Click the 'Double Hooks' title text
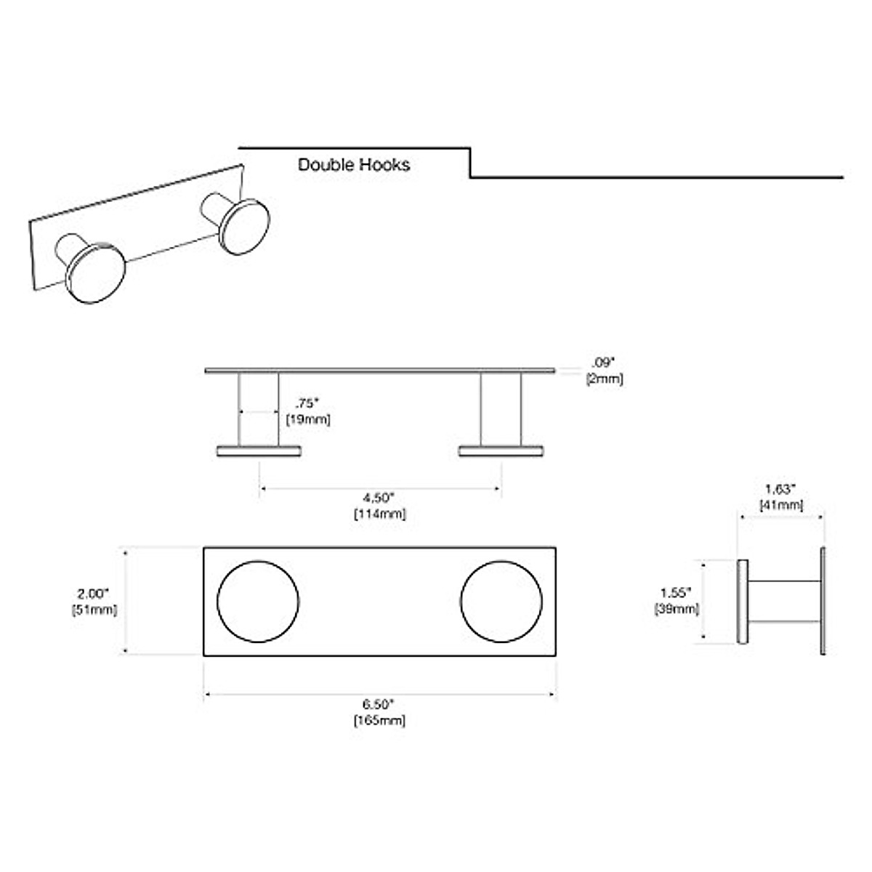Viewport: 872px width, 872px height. (354, 164)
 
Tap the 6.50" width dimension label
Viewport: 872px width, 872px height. (379, 703)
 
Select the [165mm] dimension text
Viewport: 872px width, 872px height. (379, 720)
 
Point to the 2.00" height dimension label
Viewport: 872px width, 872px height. (94, 593)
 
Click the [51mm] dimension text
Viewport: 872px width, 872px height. (94, 610)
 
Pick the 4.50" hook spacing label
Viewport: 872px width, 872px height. (379, 498)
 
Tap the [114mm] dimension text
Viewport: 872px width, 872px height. (379, 514)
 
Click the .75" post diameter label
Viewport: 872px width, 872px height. (307, 403)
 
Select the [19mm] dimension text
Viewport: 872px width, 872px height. (308, 419)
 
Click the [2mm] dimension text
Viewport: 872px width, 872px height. (605, 379)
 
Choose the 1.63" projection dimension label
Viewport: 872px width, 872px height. (780, 489)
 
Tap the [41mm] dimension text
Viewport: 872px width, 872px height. (781, 505)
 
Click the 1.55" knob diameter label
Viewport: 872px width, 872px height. (677, 592)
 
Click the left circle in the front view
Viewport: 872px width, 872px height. (258, 601)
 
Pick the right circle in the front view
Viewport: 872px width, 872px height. (501, 601)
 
